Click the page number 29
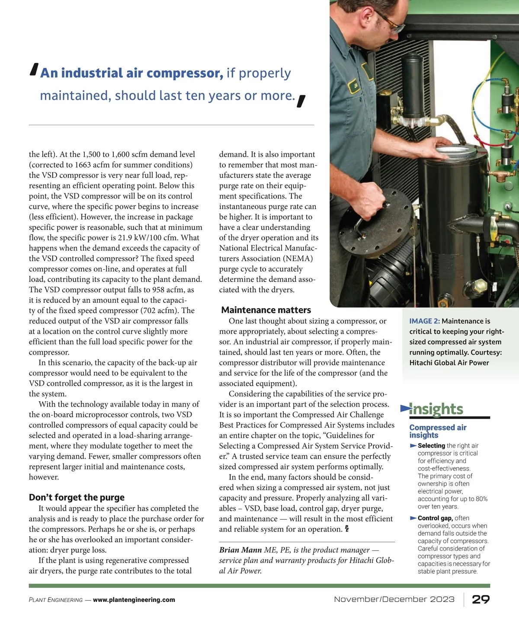click(x=481, y=599)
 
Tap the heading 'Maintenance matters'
click(x=266, y=310)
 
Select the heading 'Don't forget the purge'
click(x=77, y=497)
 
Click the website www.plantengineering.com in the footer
click(x=134, y=600)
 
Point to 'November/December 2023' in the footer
click(x=394, y=599)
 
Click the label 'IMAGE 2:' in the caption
click(x=424, y=321)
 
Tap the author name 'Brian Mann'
click(x=240, y=550)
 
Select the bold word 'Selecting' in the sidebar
click(x=431, y=446)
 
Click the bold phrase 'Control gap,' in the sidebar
click(x=435, y=518)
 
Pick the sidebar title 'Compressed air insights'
click(x=438, y=431)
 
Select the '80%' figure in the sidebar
click(x=481, y=499)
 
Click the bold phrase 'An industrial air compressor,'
click(x=131, y=73)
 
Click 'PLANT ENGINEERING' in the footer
click(x=55, y=600)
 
